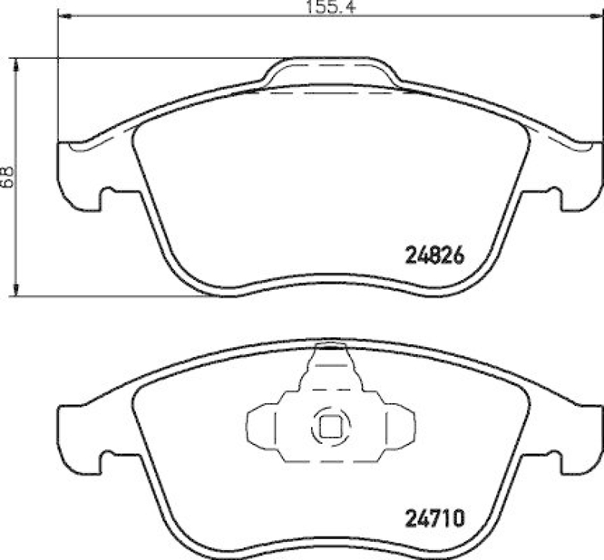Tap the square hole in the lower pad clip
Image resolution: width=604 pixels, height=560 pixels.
point(331,428)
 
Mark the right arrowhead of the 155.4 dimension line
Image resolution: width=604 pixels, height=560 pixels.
point(597,16)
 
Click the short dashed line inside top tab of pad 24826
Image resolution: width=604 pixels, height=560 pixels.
point(331,69)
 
